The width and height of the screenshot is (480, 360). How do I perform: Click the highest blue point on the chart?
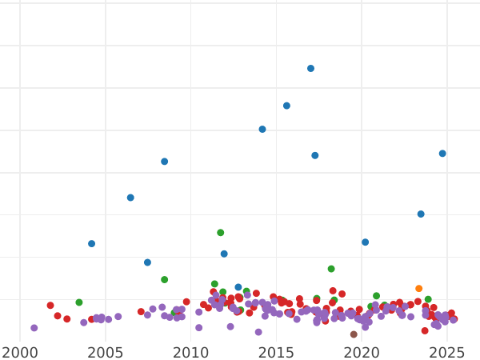pyautogui.click(x=310, y=69)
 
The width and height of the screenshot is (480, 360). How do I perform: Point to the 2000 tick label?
pyautogui.click(x=20, y=352)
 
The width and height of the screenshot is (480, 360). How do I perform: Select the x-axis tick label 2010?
pyautogui.click(x=190, y=352)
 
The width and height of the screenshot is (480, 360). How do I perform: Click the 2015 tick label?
pyautogui.click(x=276, y=352)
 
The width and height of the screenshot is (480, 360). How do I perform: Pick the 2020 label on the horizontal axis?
pyautogui.click(x=361, y=352)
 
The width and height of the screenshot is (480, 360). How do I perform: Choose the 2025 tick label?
pyautogui.click(x=446, y=352)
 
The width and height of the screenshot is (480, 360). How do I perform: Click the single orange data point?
pyautogui.click(x=418, y=289)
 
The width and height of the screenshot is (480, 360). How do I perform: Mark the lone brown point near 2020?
pyautogui.click(x=354, y=334)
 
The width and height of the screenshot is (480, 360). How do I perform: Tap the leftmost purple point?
pyautogui.click(x=34, y=328)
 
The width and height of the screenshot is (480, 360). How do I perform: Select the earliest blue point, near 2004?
pyautogui.click(x=91, y=244)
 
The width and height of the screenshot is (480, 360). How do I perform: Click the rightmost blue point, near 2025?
pyautogui.click(x=442, y=154)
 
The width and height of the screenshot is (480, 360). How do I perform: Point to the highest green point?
pyautogui.click(x=220, y=233)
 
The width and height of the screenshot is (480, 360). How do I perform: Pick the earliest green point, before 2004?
pyautogui.click(x=78, y=302)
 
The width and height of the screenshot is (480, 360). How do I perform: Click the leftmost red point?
pyautogui.click(x=50, y=306)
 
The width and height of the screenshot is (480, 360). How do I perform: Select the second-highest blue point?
pyautogui.click(x=286, y=106)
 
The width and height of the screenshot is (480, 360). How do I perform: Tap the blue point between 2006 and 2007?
pyautogui.click(x=130, y=198)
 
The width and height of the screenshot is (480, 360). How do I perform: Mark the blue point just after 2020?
pyautogui.click(x=365, y=242)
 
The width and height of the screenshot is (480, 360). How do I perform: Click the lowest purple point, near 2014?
pyautogui.click(x=258, y=332)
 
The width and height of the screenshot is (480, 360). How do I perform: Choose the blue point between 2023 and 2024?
pyautogui.click(x=421, y=214)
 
